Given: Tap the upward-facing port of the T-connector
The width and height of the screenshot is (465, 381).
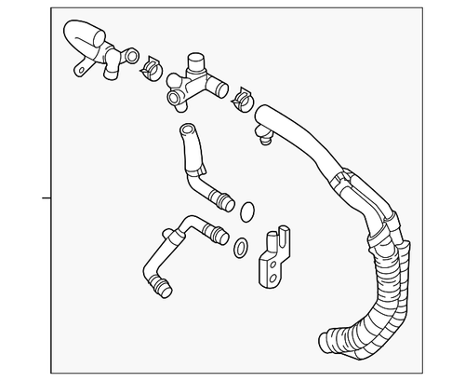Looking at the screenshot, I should click(x=194, y=62).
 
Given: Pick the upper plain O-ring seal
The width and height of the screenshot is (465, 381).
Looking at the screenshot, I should click(x=246, y=211).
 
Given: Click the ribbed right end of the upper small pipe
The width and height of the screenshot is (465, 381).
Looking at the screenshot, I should click(x=223, y=197).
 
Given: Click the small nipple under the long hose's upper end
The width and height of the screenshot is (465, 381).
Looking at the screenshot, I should click(x=265, y=143).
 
